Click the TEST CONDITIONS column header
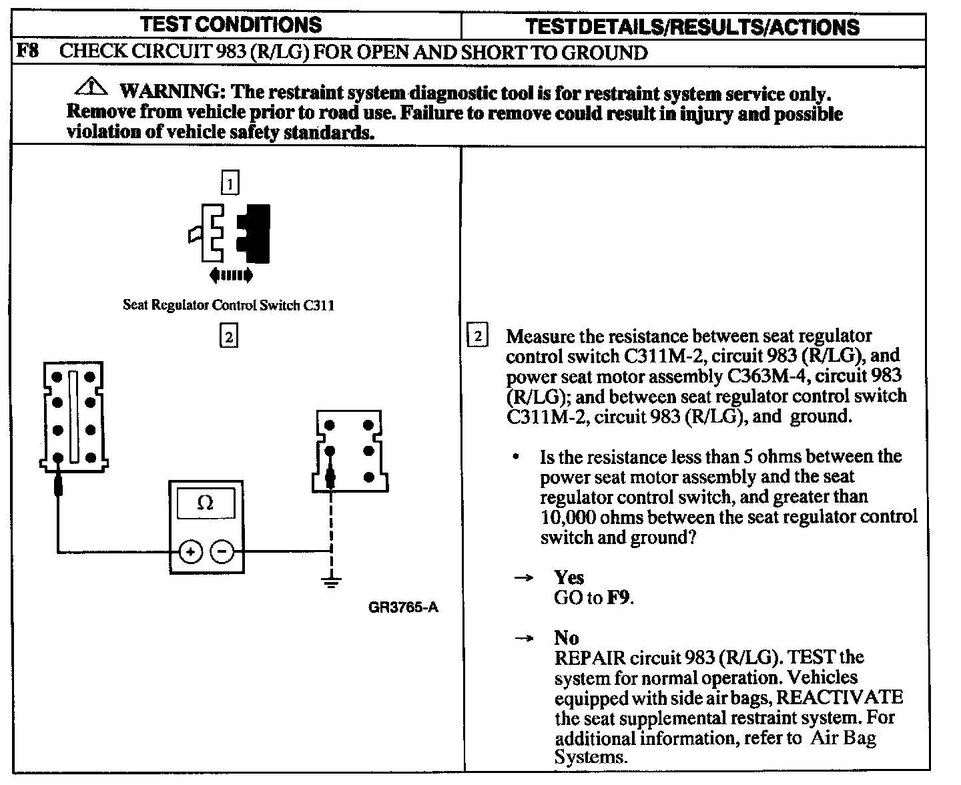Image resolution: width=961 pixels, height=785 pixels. click(231, 25)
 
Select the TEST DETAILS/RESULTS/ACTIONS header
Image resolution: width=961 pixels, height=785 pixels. click(692, 26)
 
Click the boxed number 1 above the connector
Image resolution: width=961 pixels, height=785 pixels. click(229, 183)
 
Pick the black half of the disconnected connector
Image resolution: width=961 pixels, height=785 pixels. click(256, 233)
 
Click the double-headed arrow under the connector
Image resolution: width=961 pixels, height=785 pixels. click(231, 274)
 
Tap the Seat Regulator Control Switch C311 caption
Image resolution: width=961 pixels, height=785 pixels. click(228, 306)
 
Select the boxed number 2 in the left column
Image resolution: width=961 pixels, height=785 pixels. click(228, 336)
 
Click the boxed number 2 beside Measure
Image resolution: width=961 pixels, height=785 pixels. click(477, 336)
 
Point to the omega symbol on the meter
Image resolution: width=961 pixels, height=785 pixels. click(206, 503)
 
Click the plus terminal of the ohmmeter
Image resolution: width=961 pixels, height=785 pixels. click(190, 551)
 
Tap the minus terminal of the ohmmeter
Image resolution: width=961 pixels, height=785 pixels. click(222, 551)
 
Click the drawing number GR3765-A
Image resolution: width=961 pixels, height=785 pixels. click(403, 607)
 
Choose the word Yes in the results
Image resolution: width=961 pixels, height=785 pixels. click(569, 577)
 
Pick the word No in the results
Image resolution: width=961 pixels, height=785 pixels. click(566, 637)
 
